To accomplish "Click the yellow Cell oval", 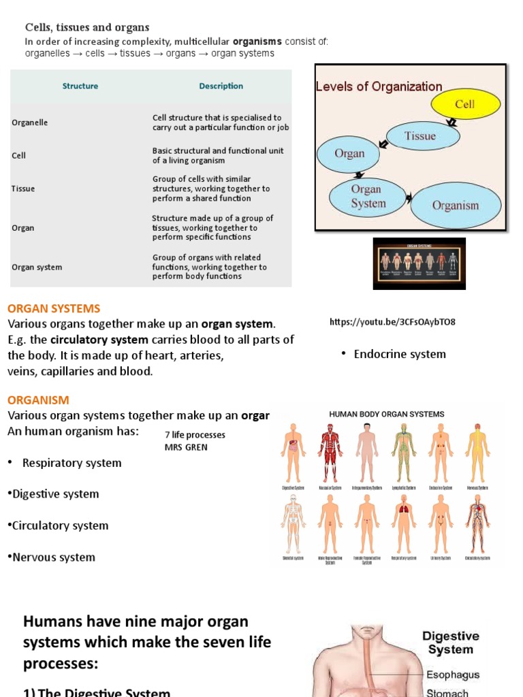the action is [464, 104].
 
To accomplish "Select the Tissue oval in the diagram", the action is [419, 135].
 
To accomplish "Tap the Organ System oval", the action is [368, 196].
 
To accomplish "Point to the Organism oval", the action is [455, 205].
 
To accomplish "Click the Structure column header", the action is [80, 86].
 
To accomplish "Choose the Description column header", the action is [221, 86].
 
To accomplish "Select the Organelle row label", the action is [30, 123].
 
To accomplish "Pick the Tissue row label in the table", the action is [23, 189].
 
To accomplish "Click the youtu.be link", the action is [392, 322].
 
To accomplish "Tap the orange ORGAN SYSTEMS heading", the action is [54, 308].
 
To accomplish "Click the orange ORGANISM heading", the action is [38, 400].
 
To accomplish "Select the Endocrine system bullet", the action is [400, 354].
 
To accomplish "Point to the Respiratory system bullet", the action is [72, 463].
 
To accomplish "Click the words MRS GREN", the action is [185, 447].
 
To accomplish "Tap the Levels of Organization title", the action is [379, 86].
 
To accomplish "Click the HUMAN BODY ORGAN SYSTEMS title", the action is [387, 414].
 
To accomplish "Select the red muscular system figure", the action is [331, 453].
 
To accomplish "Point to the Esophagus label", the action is [453, 675].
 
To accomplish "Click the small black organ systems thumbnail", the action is [419, 263].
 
